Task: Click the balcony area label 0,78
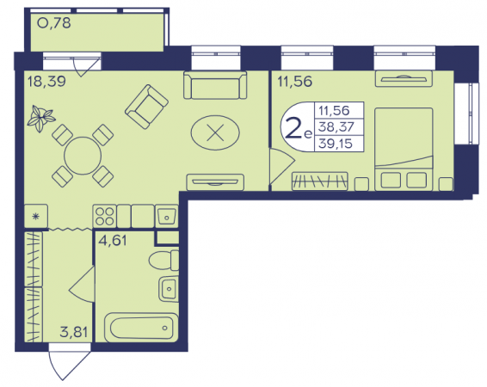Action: pyautogui.click(x=54, y=23)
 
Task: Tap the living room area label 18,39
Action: pyautogui.click(x=46, y=82)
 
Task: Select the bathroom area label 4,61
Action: pyautogui.click(x=113, y=241)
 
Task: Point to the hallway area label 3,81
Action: pyautogui.click(x=74, y=332)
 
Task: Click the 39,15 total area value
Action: pyautogui.click(x=336, y=144)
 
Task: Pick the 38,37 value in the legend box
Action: pyautogui.click(x=336, y=126)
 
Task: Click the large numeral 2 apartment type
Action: pyautogui.click(x=293, y=127)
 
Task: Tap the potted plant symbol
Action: pyautogui.click(x=40, y=118)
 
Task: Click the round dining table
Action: pyautogui.click(x=83, y=156)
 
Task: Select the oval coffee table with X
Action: pyautogui.click(x=215, y=132)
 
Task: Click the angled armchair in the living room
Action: pyautogui.click(x=146, y=107)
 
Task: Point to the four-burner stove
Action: pyautogui.click(x=105, y=217)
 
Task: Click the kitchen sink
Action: pyautogui.click(x=167, y=217)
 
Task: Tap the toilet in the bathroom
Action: pyautogui.click(x=164, y=260)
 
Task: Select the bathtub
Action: pyautogui.click(x=141, y=328)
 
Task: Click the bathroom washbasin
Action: pyautogui.click(x=169, y=289)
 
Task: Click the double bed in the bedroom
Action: pyautogui.click(x=404, y=150)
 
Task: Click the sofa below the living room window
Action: pyautogui.click(x=215, y=85)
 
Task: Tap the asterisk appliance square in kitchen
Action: pyautogui.click(x=36, y=217)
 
